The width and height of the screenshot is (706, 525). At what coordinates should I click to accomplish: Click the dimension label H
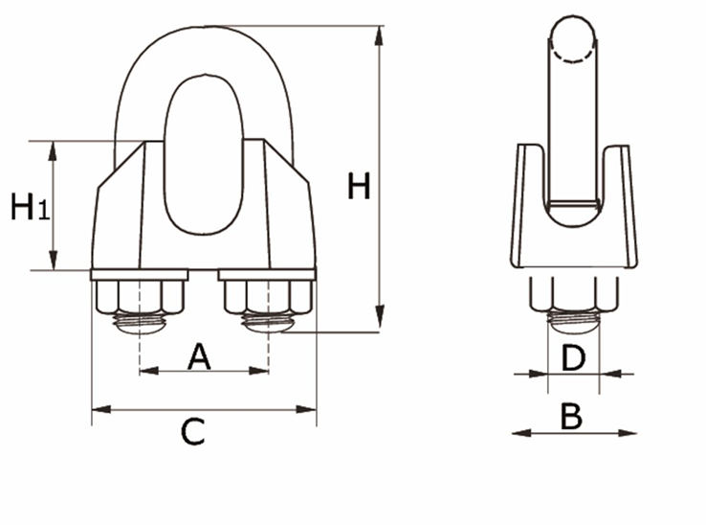pyautogui.click(x=359, y=186)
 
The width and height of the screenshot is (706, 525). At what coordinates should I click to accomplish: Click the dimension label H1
pyautogui.click(x=28, y=207)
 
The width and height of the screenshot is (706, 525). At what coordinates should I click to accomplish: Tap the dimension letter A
pyautogui.click(x=198, y=356)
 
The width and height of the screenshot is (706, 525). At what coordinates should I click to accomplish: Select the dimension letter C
pyautogui.click(x=193, y=432)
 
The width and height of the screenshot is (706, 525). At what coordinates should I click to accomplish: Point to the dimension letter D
pyautogui.click(x=572, y=358)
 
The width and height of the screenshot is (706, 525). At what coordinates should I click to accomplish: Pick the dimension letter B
pyautogui.click(x=571, y=417)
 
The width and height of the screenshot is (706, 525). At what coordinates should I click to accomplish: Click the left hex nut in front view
pyautogui.click(x=141, y=296)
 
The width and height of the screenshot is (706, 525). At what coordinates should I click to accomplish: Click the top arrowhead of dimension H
pyautogui.click(x=380, y=35)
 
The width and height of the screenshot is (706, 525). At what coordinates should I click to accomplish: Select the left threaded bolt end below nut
pyautogui.click(x=141, y=324)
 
